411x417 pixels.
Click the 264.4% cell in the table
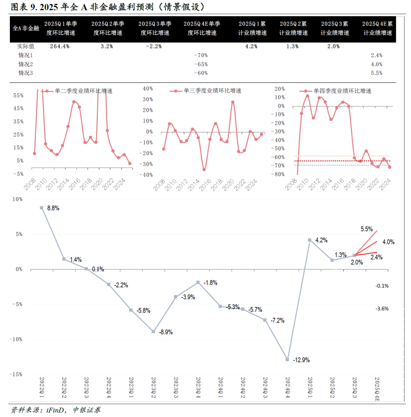coord(60,47)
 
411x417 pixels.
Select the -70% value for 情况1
coord(201,55)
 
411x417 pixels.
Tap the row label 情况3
coord(26,73)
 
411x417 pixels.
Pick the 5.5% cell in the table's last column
coord(376,73)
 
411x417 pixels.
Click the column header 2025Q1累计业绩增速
coord(251,28)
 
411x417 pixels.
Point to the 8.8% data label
coord(53,208)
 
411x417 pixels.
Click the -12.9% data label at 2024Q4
coord(301,359)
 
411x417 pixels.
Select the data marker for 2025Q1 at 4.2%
coord(309,240)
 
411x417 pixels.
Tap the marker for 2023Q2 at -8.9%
coord(153,332)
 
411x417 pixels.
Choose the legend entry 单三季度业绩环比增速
coord(212,91)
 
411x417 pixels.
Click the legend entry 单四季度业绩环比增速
coord(342,91)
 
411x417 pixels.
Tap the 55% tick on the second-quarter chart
coord(18,95)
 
